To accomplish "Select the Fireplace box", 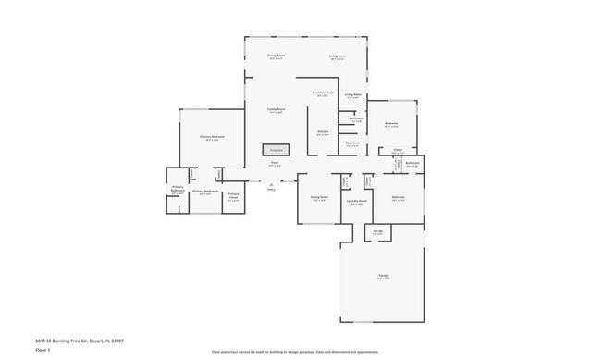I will click(x=275, y=149).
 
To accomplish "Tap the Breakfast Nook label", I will click(x=322, y=93).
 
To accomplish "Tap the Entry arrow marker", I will click(x=271, y=184).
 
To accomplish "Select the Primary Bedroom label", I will click(x=212, y=137).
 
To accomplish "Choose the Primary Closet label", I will click(x=233, y=195).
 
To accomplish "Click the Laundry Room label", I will click(x=357, y=201).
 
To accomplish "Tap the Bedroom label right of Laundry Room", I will click(x=399, y=198).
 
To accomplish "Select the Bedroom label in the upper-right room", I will click(x=391, y=124).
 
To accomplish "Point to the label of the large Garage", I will click(x=382, y=276).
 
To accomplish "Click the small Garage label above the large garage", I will click(x=377, y=231).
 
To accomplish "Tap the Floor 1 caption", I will click(x=43, y=351).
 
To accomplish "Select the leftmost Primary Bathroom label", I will click(x=177, y=192).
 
